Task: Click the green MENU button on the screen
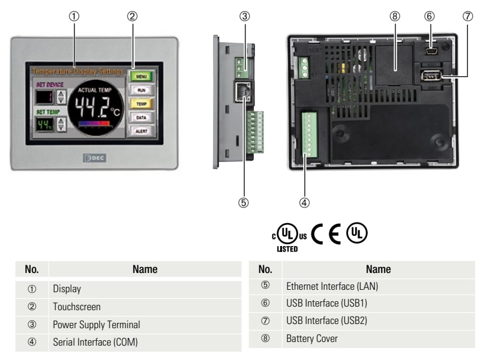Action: pyautogui.click(x=142, y=77)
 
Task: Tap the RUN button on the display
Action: pyautogui.click(x=142, y=90)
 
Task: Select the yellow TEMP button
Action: pyautogui.click(x=142, y=103)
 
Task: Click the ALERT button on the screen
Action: pyautogui.click(x=142, y=130)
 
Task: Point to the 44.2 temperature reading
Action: pyautogui.click(x=91, y=106)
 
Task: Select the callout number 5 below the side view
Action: pyautogui.click(x=243, y=202)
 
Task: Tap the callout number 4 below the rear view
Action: pyautogui.click(x=305, y=202)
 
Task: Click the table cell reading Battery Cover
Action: pyautogui.click(x=312, y=338)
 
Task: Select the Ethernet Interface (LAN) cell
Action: pyautogui.click(x=332, y=286)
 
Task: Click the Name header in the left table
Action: pyautogui.click(x=145, y=269)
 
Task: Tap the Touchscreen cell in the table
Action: pyautogui.click(x=76, y=307)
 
